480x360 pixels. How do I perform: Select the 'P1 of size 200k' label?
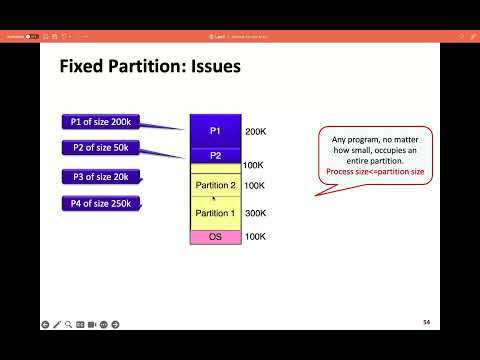[102, 122]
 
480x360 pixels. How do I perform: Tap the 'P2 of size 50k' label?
[102, 149]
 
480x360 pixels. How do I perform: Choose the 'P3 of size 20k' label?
[102, 177]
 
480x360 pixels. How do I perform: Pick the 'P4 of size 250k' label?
[102, 204]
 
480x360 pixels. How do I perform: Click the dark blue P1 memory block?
[215, 132]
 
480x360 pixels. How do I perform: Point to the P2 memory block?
[215, 156]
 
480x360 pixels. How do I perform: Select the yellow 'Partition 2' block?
[215, 185]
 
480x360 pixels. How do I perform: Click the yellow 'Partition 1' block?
[215, 213]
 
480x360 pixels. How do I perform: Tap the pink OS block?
[215, 237]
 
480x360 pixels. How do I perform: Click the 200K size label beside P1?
[255, 132]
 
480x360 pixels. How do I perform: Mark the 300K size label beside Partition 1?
[255, 213]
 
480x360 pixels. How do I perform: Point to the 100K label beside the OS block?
[255, 237]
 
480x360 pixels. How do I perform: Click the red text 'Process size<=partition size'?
[375, 172]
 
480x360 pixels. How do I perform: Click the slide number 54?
[426, 322]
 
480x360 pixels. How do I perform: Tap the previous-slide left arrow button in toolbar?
[45, 324]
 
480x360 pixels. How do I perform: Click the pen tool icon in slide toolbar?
[57, 324]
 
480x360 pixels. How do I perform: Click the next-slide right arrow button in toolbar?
[115, 324]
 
